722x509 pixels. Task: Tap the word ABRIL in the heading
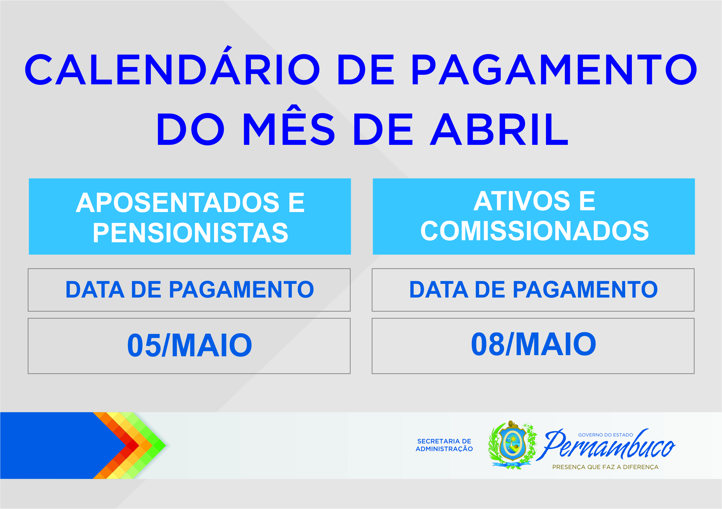coord(499,129)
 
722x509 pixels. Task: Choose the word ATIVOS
coord(522,201)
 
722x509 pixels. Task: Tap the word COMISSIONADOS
coord(535,231)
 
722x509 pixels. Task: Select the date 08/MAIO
coord(534,345)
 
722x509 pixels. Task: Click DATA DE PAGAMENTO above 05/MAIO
coord(190,290)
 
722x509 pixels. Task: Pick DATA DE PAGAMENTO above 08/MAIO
coord(534,290)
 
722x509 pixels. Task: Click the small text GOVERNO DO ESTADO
coord(606,435)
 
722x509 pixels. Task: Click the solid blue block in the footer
coord(54,446)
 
